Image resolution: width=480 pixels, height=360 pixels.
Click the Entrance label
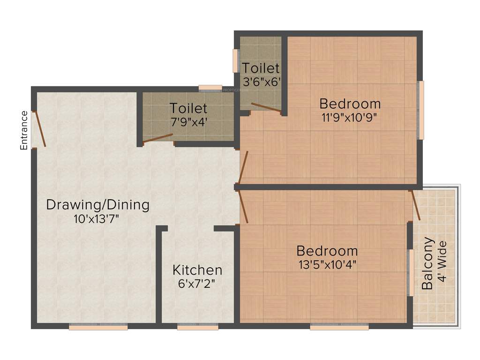click(24, 130)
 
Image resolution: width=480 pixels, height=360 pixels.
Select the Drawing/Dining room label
click(98, 205)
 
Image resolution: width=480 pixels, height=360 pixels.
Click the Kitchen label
click(197, 270)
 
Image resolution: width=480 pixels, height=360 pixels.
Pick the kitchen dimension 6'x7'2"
click(197, 283)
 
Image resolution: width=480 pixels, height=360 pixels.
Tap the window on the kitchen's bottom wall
click(198, 328)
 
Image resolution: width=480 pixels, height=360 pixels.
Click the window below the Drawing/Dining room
click(98, 328)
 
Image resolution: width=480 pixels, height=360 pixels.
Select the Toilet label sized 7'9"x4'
click(188, 108)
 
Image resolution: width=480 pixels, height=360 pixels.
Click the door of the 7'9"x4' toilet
click(158, 138)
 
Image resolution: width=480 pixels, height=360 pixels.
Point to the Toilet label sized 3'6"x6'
click(261, 68)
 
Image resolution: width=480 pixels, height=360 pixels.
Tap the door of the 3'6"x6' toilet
click(266, 107)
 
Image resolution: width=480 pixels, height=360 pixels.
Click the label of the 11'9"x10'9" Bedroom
click(350, 103)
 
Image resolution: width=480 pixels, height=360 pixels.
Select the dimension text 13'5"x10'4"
click(328, 264)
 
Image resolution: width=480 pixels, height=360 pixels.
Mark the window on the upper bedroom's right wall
click(421, 110)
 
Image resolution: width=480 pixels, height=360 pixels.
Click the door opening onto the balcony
click(416, 205)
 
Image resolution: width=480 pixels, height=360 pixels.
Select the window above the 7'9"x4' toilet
click(210, 87)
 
